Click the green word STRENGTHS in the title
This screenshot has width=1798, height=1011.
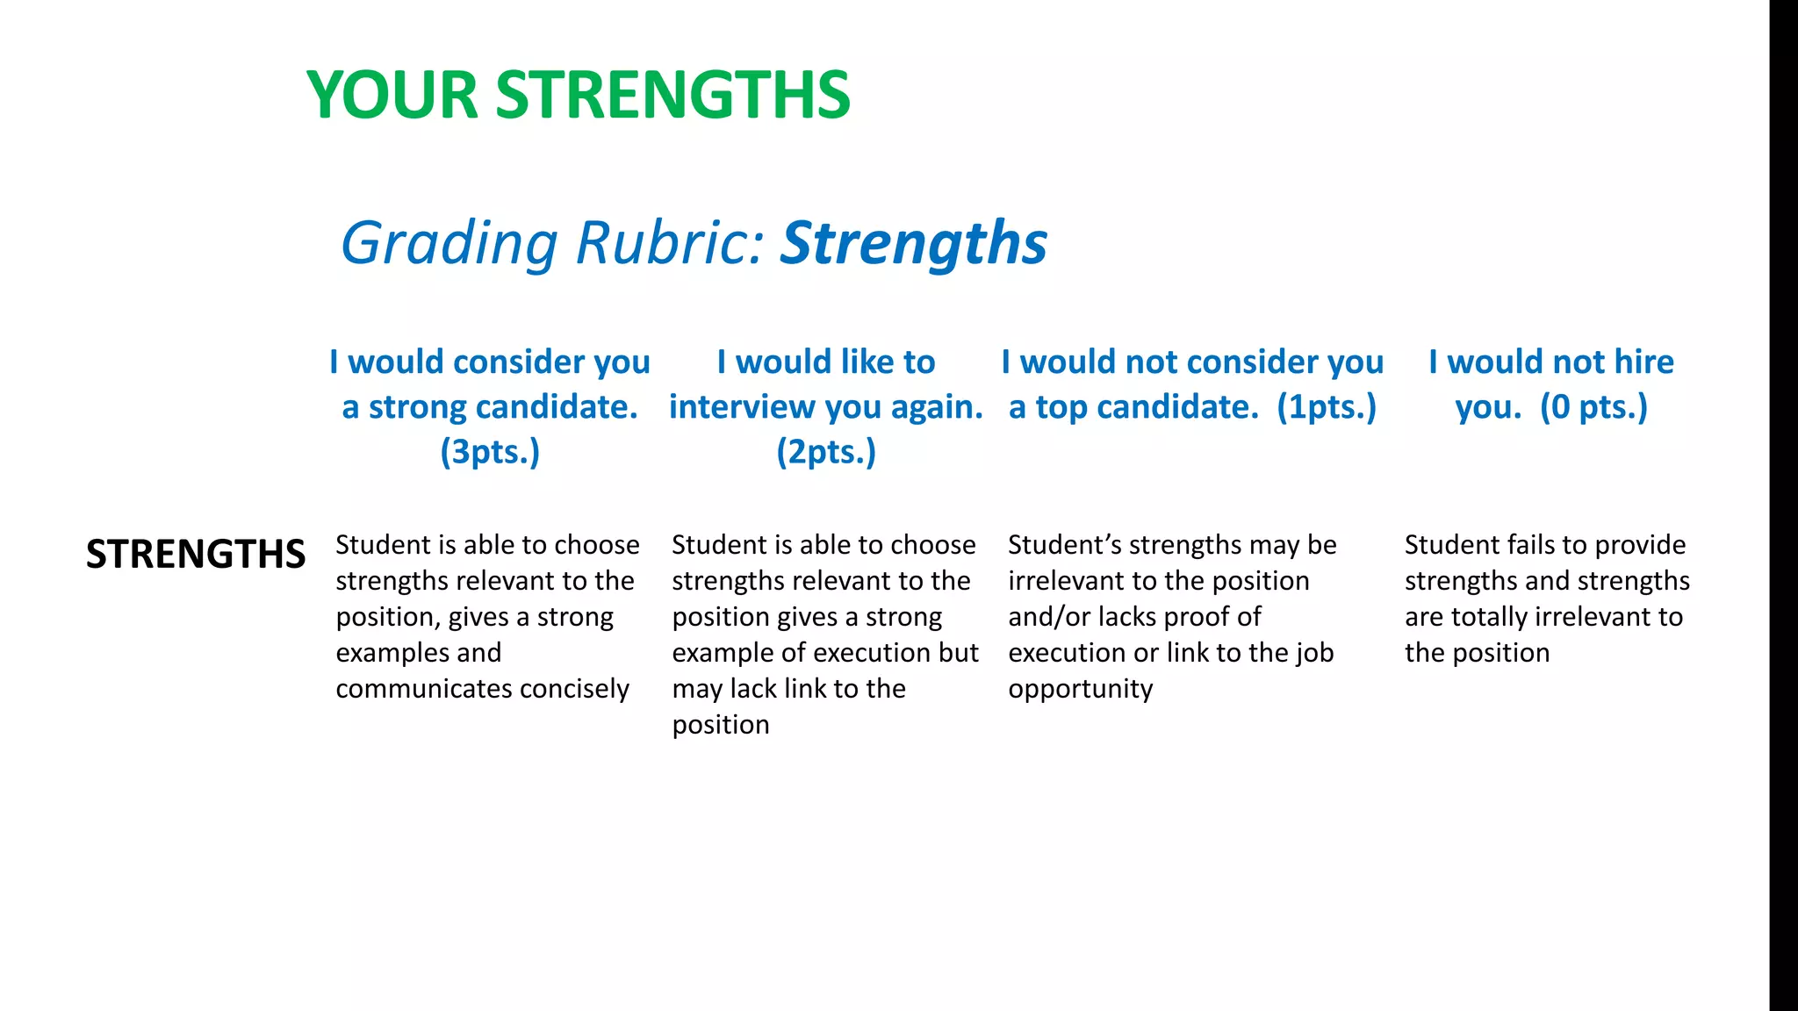[x=672, y=95]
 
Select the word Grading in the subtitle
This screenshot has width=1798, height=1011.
[x=449, y=243]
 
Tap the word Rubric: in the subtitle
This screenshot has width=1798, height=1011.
[x=670, y=243]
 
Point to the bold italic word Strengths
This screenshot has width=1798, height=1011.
[x=914, y=243]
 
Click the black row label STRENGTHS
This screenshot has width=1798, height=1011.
[x=196, y=555]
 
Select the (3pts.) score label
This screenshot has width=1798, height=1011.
[x=490, y=452]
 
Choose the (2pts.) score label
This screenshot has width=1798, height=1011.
[x=826, y=452]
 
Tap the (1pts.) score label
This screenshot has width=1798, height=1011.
[x=1327, y=407]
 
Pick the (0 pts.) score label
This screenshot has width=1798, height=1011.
[x=1594, y=407]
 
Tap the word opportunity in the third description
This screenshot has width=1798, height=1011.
[x=1080, y=690]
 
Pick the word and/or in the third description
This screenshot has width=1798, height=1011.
[x=1048, y=617]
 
